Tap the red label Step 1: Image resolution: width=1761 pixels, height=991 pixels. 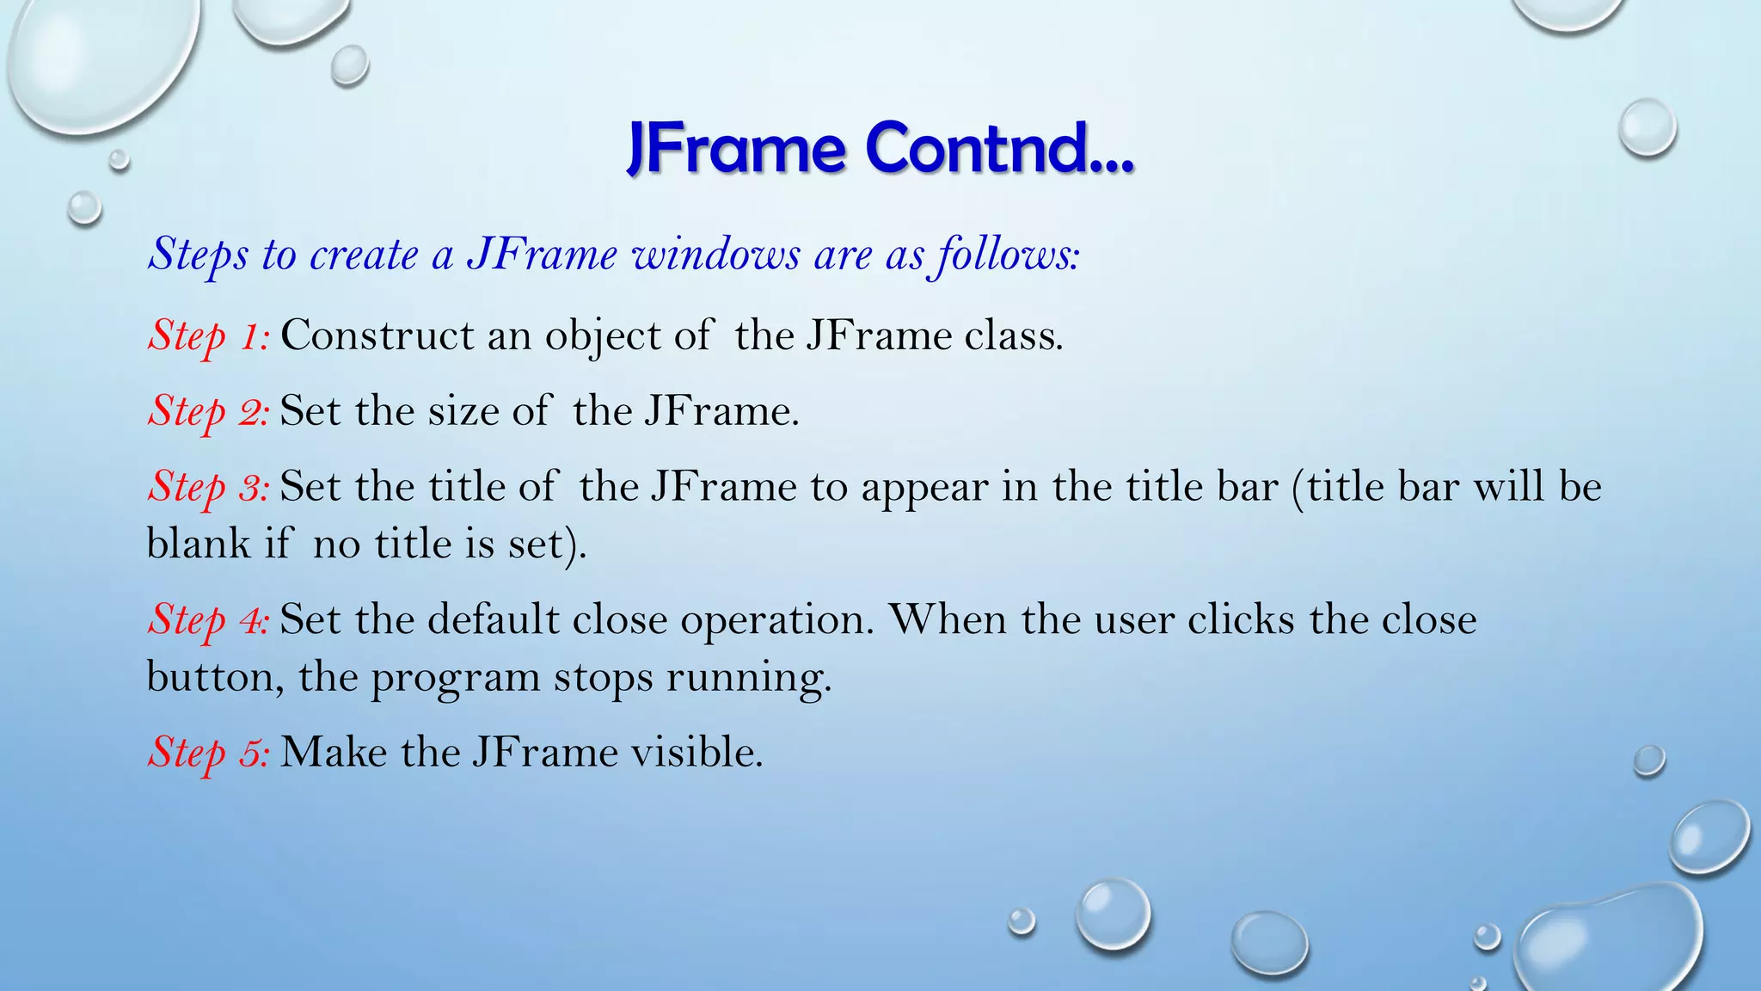point(209,335)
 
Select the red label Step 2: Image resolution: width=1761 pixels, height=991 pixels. point(209,411)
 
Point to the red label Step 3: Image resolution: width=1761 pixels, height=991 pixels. point(209,487)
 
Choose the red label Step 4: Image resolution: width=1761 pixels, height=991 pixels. point(209,619)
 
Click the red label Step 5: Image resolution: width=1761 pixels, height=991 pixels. point(209,752)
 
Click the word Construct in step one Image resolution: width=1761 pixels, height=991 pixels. point(377,335)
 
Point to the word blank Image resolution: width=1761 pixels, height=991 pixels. point(198,544)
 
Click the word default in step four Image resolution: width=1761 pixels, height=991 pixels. point(494,619)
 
